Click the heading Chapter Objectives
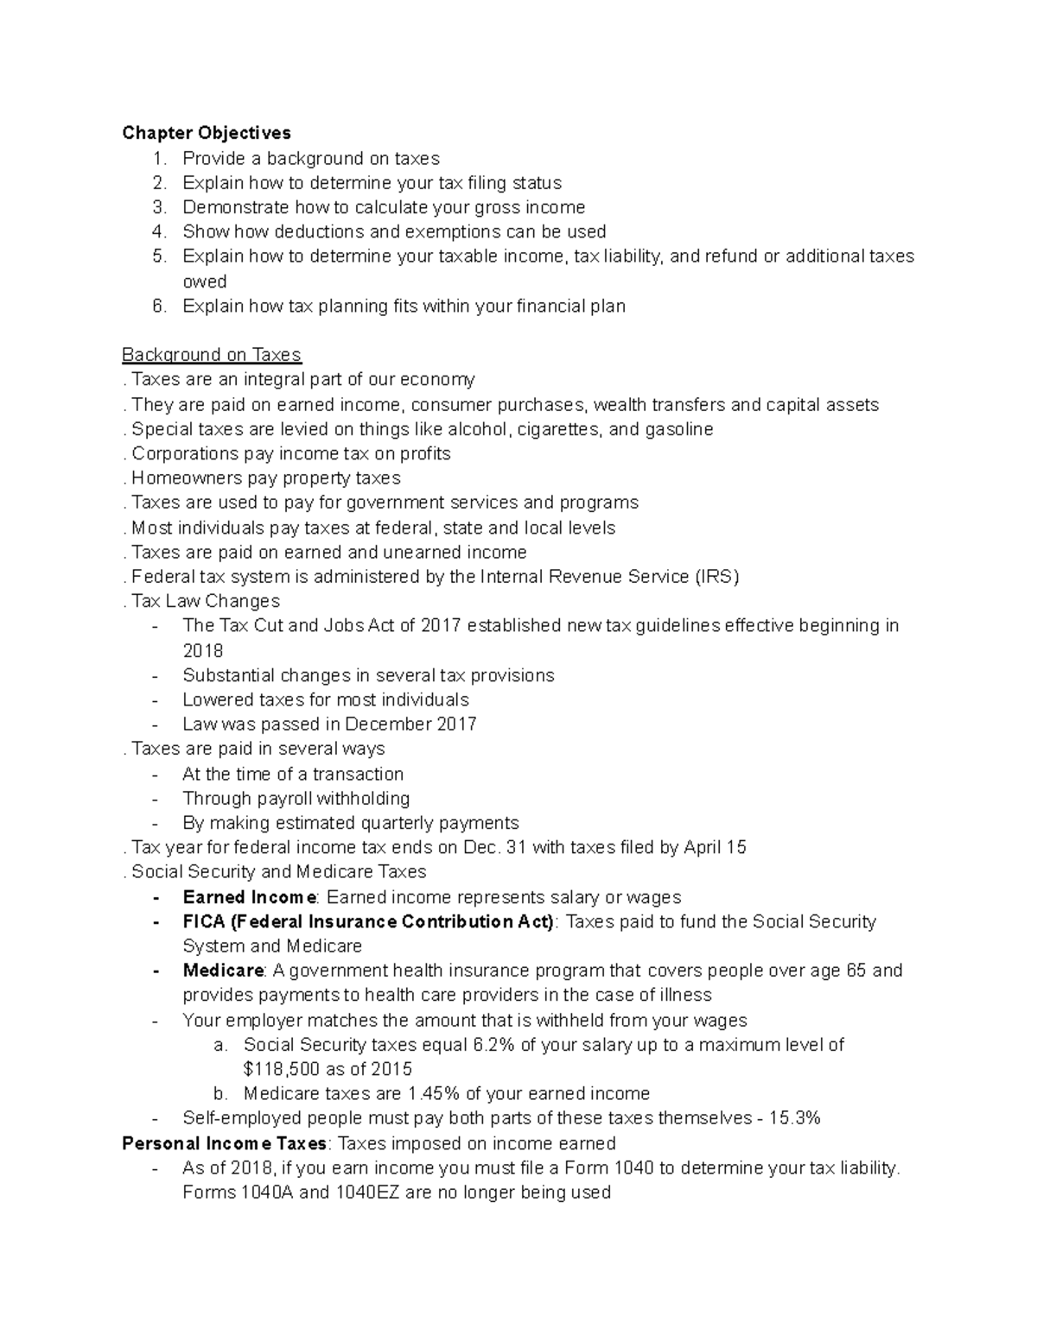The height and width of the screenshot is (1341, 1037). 207,133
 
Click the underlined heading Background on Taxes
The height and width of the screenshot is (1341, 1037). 211,355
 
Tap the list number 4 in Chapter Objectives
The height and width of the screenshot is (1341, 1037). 158,231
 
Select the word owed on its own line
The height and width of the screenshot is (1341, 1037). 204,281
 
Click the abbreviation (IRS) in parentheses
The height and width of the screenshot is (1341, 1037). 716,577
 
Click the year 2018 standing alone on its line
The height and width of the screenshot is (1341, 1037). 202,650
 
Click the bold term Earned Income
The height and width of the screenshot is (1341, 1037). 249,897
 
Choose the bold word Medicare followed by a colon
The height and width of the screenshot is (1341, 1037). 222,971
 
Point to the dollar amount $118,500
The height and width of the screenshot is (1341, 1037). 285,1069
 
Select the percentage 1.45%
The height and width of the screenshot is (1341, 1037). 434,1093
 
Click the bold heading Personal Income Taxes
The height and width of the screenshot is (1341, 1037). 224,1143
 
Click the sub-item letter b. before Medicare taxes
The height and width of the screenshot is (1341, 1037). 220,1093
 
